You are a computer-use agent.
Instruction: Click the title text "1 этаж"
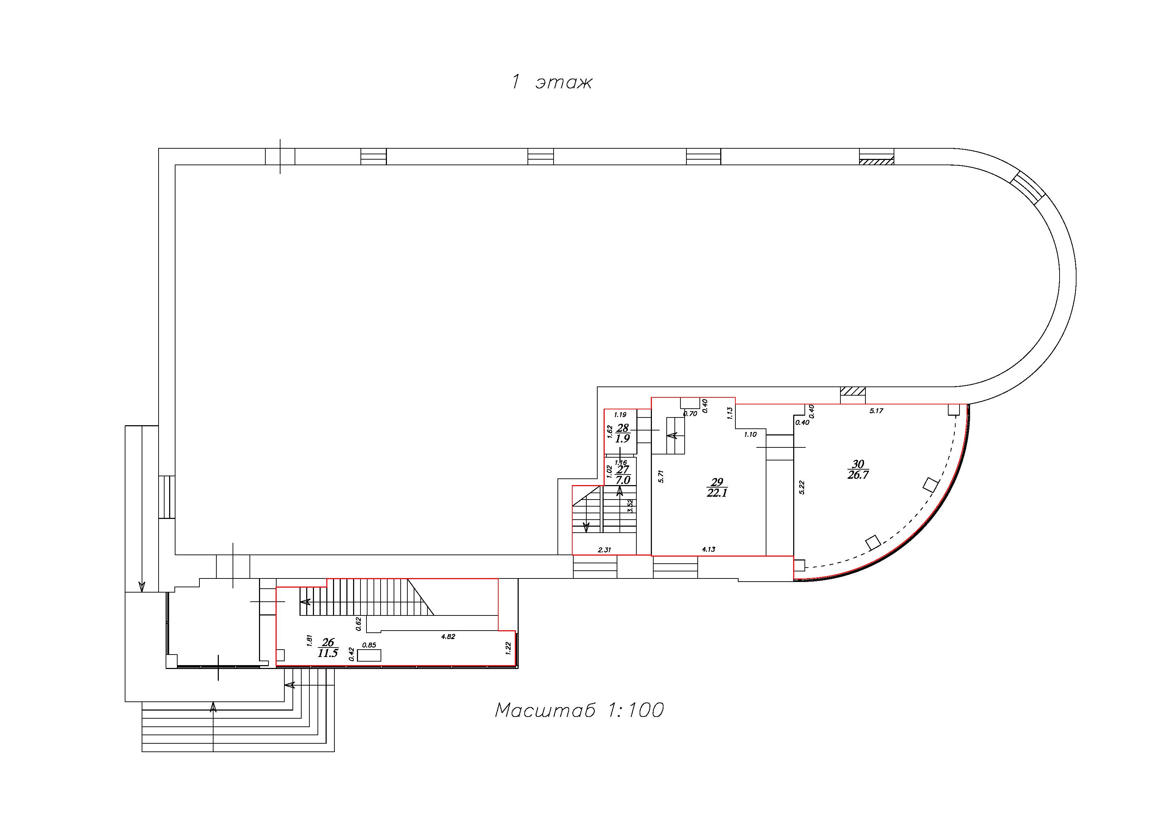(551, 82)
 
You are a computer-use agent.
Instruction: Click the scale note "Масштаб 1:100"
(579, 710)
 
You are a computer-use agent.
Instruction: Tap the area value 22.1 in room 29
(717, 493)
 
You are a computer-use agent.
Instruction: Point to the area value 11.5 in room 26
(328, 653)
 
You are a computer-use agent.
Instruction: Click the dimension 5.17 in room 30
(877, 411)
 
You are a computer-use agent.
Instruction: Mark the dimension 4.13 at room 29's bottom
(708, 549)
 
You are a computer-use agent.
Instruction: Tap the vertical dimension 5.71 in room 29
(661, 476)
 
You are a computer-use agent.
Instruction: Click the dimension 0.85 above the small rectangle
(369, 645)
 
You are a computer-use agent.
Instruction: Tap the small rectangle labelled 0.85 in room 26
(369, 656)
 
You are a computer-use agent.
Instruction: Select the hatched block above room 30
(853, 391)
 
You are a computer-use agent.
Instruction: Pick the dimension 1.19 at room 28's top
(620, 415)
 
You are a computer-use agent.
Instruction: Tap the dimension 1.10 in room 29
(751, 435)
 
